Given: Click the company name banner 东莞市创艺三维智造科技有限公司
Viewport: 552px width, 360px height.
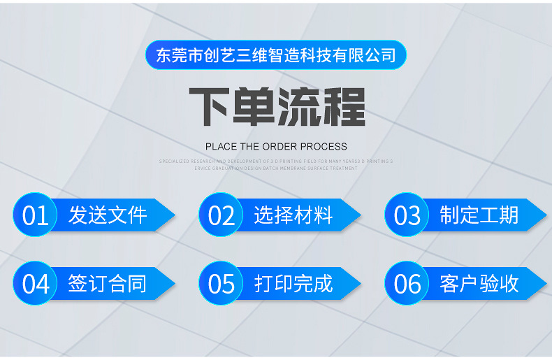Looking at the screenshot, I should [x=276, y=55].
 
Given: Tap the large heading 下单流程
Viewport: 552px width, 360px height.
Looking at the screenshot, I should [x=277, y=107].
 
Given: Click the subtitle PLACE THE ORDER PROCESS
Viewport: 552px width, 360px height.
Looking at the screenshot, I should [x=276, y=147].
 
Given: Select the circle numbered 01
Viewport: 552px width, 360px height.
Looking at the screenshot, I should [x=35, y=215].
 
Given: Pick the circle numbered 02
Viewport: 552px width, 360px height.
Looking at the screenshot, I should [x=221, y=215].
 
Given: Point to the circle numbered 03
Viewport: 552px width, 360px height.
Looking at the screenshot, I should [x=407, y=215].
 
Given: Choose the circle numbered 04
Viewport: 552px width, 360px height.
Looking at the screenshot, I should [x=35, y=283].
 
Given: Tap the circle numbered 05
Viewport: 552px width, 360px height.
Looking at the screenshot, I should [x=221, y=283].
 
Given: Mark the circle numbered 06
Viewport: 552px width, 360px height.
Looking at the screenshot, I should [x=407, y=283].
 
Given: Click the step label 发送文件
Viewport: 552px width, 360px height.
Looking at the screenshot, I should [x=108, y=215].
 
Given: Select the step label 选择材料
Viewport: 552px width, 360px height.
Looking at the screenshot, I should [x=293, y=215].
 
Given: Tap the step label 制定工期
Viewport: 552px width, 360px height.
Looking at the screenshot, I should [x=479, y=215].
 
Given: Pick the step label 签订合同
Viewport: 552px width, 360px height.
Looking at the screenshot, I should [x=108, y=283].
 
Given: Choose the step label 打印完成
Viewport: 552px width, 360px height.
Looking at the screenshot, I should [x=293, y=283].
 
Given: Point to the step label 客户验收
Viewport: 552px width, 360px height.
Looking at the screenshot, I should [x=479, y=283].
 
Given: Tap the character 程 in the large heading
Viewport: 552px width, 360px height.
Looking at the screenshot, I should [x=343, y=107].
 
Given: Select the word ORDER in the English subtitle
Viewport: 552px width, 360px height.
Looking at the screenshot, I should [x=280, y=147].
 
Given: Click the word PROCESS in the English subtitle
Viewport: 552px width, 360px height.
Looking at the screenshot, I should [x=324, y=147].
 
